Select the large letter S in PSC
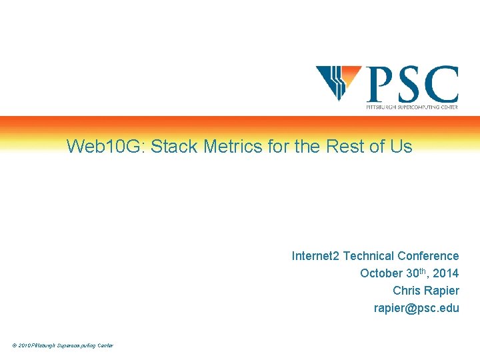[x=409, y=83]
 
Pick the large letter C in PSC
[x=441, y=83]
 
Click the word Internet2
[x=315, y=256]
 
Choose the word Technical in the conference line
[x=369, y=256]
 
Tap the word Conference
[x=428, y=256]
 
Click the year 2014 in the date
[x=445, y=273]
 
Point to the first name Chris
[x=407, y=291]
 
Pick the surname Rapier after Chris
[x=441, y=291]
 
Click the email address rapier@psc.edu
[x=417, y=308]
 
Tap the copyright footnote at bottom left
[x=62, y=345]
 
